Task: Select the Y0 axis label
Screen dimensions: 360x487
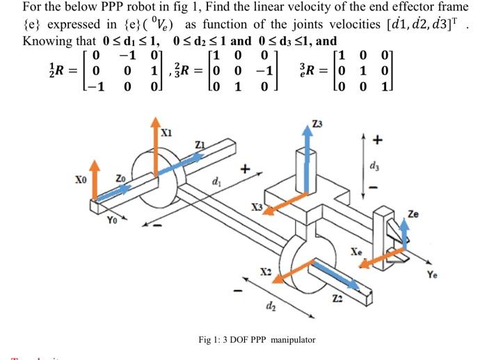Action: [x=112, y=222]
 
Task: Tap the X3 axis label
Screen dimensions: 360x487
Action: [x=257, y=208]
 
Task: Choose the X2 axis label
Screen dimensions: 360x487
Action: [x=265, y=269]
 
